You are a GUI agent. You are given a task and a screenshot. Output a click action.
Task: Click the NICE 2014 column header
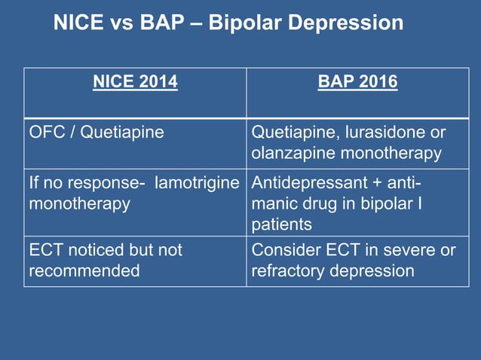[135, 81]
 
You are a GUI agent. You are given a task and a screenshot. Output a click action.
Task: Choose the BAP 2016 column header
[358, 81]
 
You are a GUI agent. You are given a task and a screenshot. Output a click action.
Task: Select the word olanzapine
[289, 154]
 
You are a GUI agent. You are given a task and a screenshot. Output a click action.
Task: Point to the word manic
[273, 204]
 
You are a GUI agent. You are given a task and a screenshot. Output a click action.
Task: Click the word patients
[281, 224]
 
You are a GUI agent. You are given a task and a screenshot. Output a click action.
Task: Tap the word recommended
[84, 270]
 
